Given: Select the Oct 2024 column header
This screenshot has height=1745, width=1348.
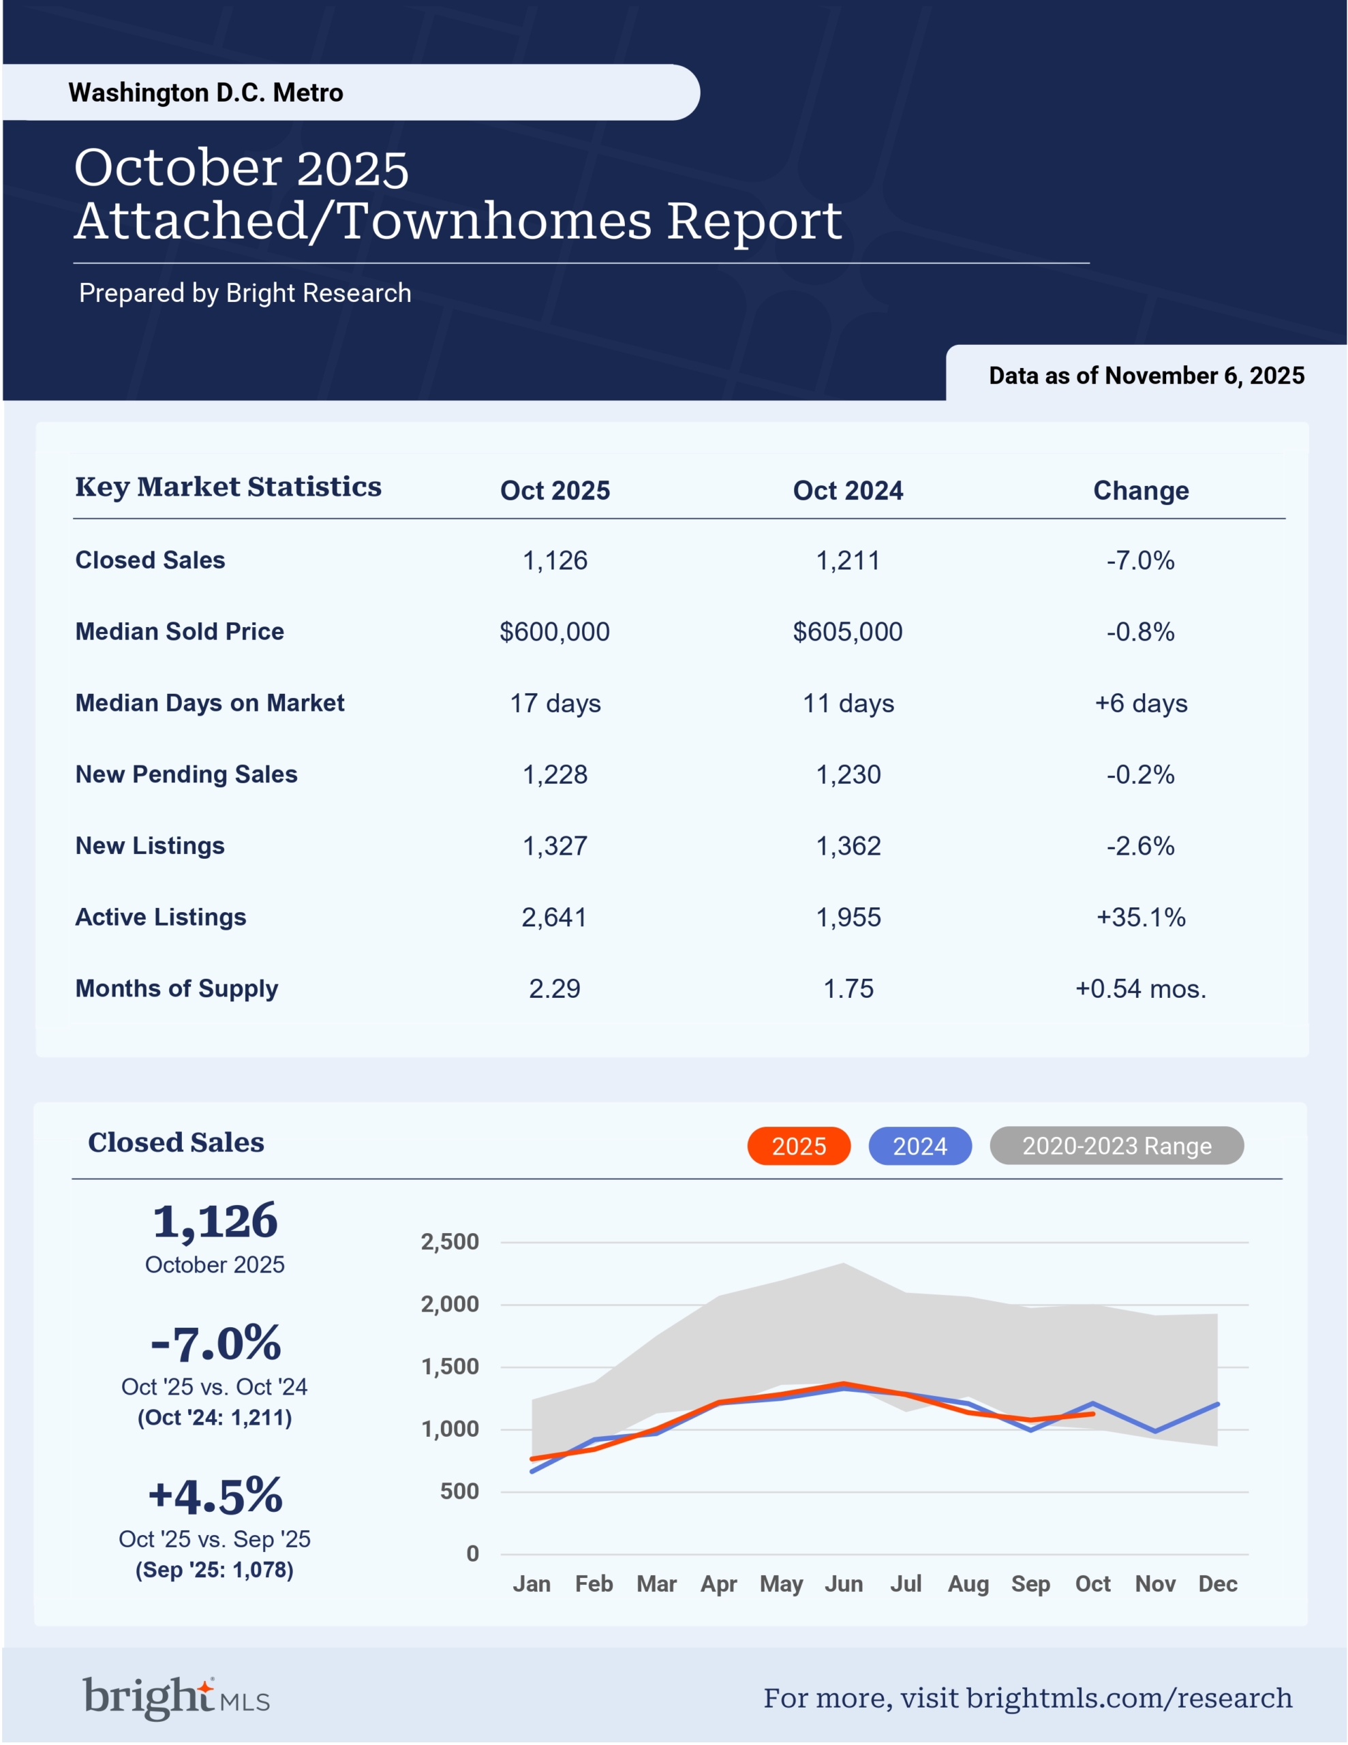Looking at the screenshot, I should click(x=847, y=491).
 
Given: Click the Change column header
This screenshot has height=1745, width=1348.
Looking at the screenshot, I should click(x=1140, y=491).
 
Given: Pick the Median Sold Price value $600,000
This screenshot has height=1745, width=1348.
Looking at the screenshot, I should click(x=555, y=632).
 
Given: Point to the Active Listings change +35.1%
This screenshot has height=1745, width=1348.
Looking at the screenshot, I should click(x=1140, y=917).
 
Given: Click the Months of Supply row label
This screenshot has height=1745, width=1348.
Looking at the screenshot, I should click(x=177, y=988).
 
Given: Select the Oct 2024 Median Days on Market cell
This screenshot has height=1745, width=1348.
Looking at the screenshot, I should click(x=848, y=703).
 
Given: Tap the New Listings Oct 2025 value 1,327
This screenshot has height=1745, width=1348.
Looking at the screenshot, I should click(x=555, y=846).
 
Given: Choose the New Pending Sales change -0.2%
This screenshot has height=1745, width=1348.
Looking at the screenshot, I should click(x=1140, y=774).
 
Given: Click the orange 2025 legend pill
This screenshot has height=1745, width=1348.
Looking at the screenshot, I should click(x=798, y=1146).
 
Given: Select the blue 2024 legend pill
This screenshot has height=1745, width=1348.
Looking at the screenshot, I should click(x=920, y=1146).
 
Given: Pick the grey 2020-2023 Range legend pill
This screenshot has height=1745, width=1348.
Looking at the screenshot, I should click(x=1116, y=1146).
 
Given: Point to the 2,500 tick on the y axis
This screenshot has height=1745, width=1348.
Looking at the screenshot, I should click(x=450, y=1242).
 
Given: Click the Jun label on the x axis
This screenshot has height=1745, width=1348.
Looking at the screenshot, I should click(x=844, y=1583).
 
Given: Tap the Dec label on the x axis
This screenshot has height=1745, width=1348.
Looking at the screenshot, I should click(x=1217, y=1583).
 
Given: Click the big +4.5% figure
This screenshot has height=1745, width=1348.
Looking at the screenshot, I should click(x=215, y=1496).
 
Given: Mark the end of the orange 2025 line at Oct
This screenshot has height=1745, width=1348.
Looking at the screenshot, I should click(x=1092, y=1414).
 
